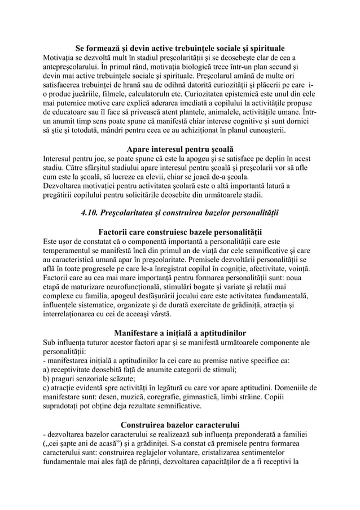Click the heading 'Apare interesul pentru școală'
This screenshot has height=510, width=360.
(180, 149)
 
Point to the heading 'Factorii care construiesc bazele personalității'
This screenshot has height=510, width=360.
(180, 233)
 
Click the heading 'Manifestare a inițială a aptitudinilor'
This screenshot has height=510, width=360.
(180, 331)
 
